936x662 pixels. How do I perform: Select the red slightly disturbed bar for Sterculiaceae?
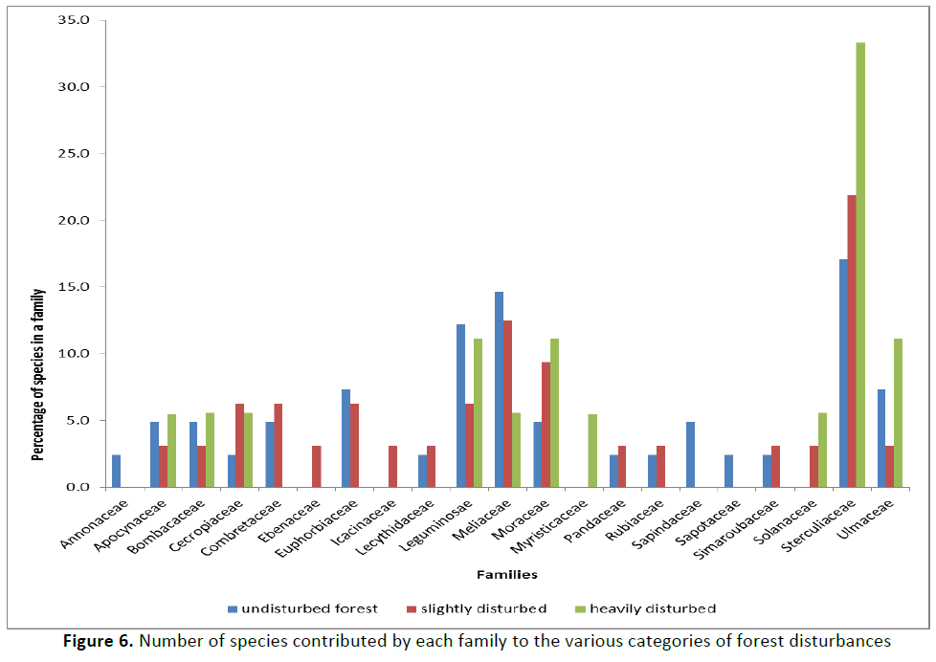pyautogui.click(x=851, y=341)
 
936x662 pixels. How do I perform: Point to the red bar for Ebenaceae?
pyautogui.click(x=317, y=467)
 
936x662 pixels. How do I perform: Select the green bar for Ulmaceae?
pyautogui.click(x=899, y=412)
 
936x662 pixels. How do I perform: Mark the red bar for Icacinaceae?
pyautogui.click(x=393, y=467)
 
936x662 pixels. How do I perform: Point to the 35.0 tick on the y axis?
pyautogui.click(x=75, y=20)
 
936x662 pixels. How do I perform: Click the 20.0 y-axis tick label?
pyautogui.click(x=75, y=220)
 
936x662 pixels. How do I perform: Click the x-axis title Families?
pyautogui.click(x=507, y=575)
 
